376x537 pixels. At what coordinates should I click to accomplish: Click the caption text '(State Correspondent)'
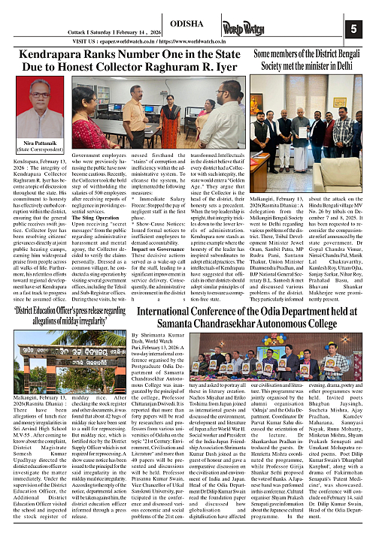pyautogui.click(x=28, y=170)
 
